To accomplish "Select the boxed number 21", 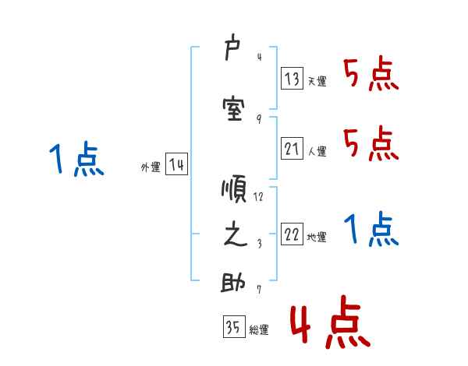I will [x=292, y=149].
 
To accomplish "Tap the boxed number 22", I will [x=292, y=234].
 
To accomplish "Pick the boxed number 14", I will [x=175, y=165].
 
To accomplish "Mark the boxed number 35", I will [x=232, y=327].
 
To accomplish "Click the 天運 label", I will [x=316, y=81].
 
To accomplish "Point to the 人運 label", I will [x=316, y=152].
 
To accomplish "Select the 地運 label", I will [x=316, y=238].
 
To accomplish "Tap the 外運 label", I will [x=150, y=167].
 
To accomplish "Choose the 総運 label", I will [x=258, y=330].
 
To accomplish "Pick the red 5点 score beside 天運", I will [x=370, y=76].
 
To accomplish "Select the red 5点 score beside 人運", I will [x=370, y=144].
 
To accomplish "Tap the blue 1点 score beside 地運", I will [x=370, y=231].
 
